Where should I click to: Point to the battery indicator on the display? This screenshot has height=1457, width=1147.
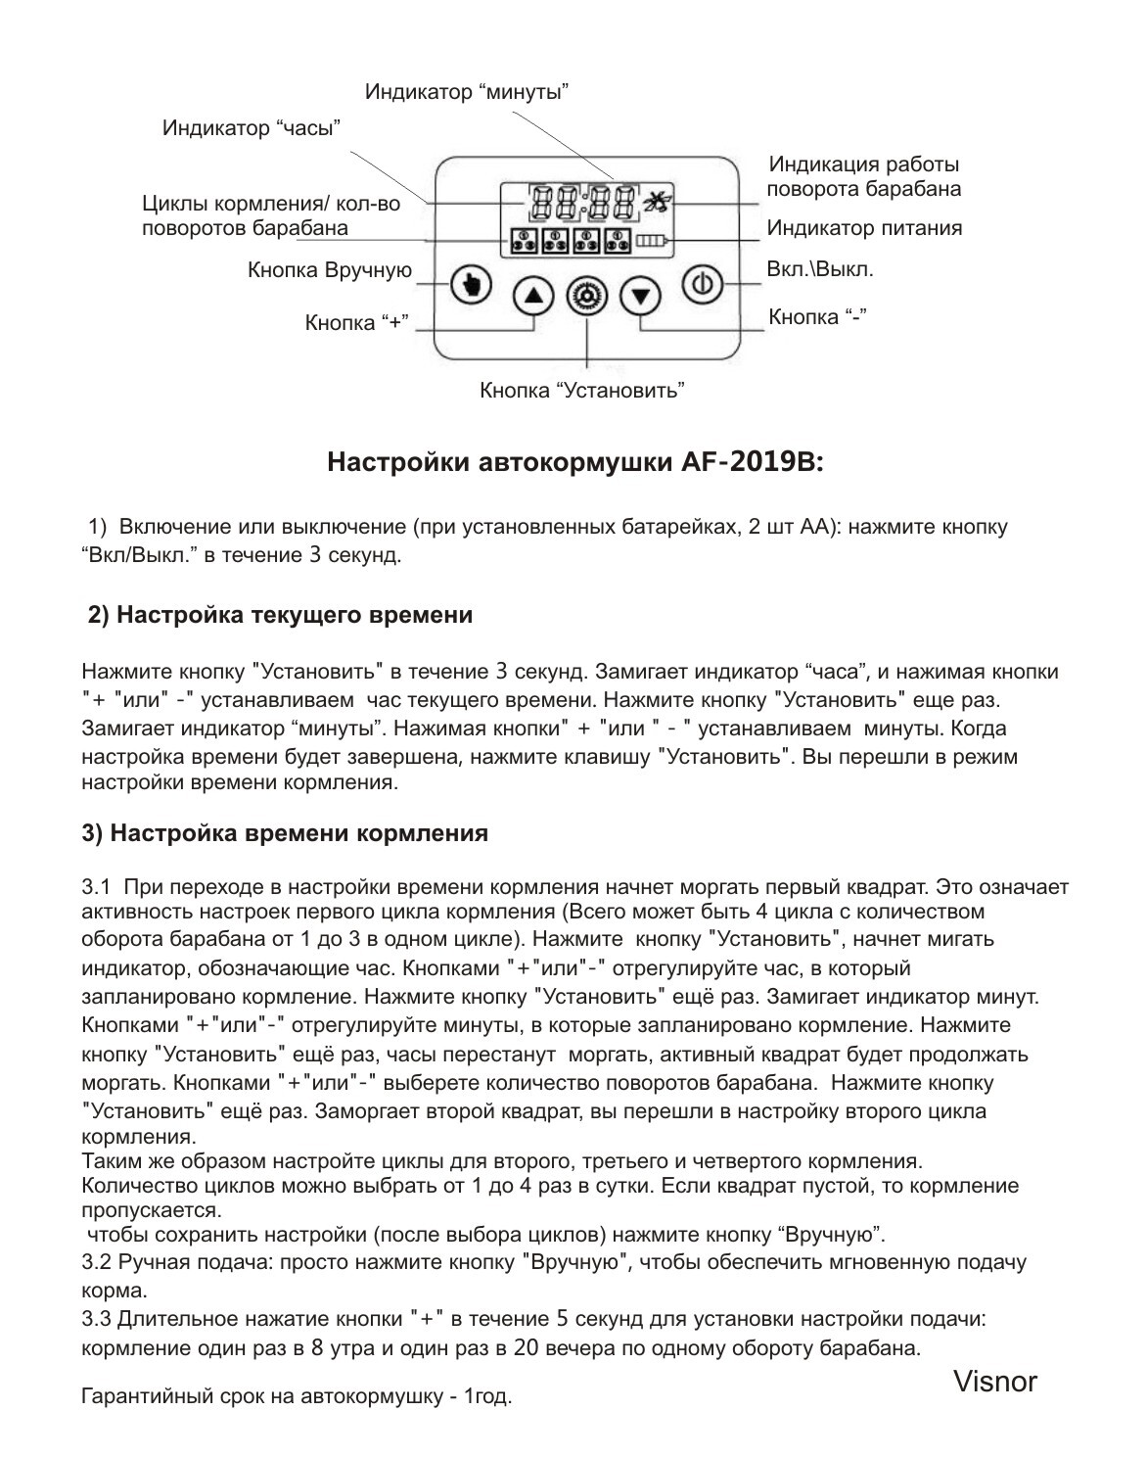pyautogui.click(x=650, y=240)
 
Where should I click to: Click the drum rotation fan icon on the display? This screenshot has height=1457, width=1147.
pyautogui.click(x=654, y=202)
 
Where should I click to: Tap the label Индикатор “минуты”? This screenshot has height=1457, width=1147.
pyautogui.click(x=467, y=92)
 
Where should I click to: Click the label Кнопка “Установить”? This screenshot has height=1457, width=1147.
pyautogui.click(x=581, y=391)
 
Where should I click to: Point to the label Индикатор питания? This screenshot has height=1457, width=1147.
pyautogui.click(x=864, y=228)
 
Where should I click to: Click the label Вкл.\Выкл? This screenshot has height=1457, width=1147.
pyautogui.click(x=820, y=268)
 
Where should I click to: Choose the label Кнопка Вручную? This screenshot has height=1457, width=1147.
pyautogui.click(x=330, y=270)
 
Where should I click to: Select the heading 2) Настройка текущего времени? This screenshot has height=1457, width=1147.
pyautogui.click(x=280, y=615)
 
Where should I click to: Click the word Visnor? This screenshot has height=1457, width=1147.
pyautogui.click(x=994, y=1382)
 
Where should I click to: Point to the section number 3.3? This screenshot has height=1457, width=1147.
pyautogui.click(x=96, y=1318)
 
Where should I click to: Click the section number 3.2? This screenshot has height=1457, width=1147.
pyautogui.click(x=96, y=1261)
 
